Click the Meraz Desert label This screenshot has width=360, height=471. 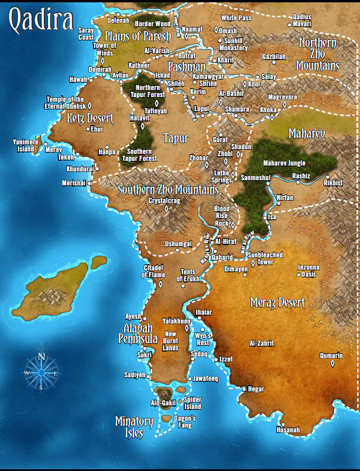pos(277,302)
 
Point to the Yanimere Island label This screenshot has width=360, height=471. pos(26,145)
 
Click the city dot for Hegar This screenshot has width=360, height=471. pos(244,389)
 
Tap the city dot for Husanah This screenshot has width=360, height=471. pos(282,424)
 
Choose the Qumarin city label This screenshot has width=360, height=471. pos(331,355)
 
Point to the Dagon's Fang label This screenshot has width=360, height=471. pos(185,422)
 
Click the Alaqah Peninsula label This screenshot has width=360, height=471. pos(138,333)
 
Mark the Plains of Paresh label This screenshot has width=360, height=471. pos(138,36)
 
